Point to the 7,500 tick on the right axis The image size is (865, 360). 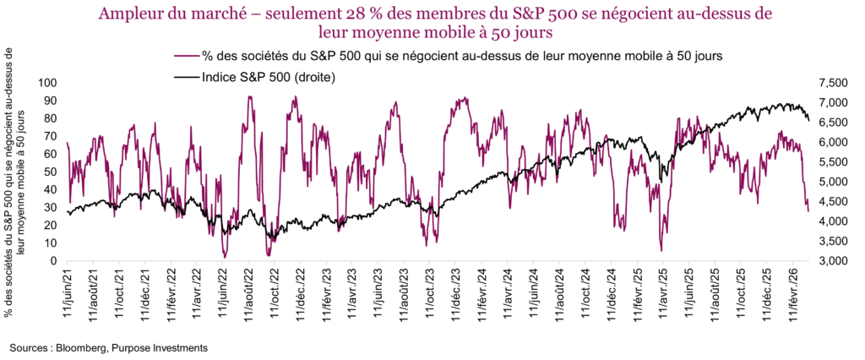832,83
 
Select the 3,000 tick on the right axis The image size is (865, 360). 832,261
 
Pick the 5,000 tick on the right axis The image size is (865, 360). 832,182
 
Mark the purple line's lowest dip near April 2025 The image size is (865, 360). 661,250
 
